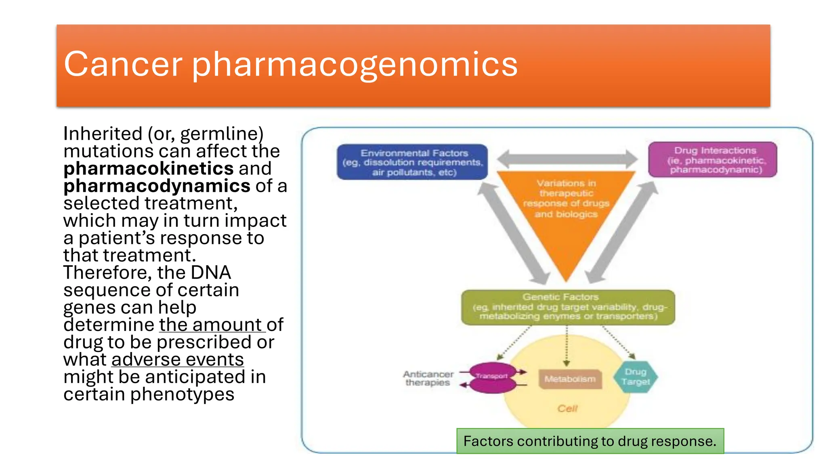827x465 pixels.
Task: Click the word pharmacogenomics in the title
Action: pyautogui.click(x=355, y=65)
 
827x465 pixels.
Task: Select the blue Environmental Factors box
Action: pyautogui.click(x=412, y=162)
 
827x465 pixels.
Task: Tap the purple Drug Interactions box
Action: pyautogui.click(x=712, y=159)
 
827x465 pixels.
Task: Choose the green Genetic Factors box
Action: pyautogui.click(x=568, y=307)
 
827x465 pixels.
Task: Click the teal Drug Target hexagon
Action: pyautogui.click(x=635, y=377)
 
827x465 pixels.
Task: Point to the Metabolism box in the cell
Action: pyautogui.click(x=570, y=379)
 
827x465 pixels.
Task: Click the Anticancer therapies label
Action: pyautogui.click(x=428, y=378)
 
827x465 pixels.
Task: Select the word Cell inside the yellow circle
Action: pyautogui.click(x=567, y=408)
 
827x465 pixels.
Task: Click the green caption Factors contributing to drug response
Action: pyautogui.click(x=590, y=441)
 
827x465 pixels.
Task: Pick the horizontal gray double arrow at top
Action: pyautogui.click(x=567, y=159)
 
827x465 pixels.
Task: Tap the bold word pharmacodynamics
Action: pyautogui.click(x=157, y=186)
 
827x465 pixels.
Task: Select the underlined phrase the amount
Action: pyautogui.click(x=210, y=325)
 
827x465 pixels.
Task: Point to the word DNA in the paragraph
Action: pyautogui.click(x=210, y=272)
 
